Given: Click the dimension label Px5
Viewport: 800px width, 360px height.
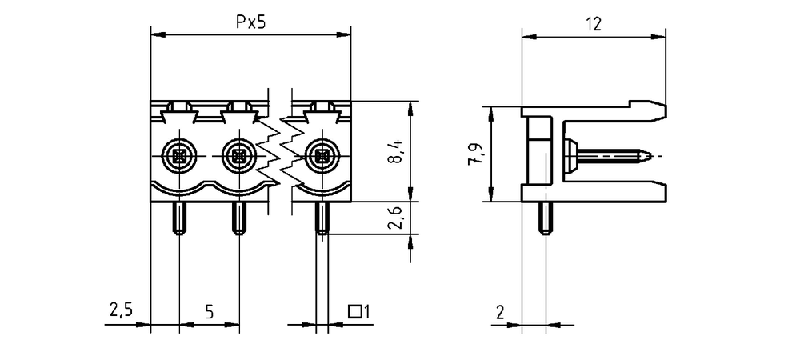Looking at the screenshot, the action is click(250, 22).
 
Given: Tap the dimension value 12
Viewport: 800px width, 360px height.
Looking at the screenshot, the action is click(594, 23).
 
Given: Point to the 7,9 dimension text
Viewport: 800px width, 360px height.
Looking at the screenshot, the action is click(475, 154).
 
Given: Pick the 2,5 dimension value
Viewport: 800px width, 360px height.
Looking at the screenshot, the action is click(121, 310).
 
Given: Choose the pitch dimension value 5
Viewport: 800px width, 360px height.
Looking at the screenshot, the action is click(209, 311).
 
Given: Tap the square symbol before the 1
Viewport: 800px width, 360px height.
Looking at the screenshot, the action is click(354, 311).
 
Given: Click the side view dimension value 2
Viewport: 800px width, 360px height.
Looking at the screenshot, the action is click(500, 311).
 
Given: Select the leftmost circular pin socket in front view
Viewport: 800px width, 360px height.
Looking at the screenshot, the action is click(179, 155).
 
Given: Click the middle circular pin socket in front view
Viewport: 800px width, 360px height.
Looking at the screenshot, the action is click(238, 155).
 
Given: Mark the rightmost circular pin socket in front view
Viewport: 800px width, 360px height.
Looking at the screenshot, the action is click(322, 155).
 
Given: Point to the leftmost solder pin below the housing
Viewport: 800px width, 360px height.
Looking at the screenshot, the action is click(179, 218).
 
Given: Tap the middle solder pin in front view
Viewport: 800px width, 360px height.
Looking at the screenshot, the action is click(238, 218).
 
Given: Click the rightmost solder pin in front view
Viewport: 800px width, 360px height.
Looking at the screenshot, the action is click(322, 218).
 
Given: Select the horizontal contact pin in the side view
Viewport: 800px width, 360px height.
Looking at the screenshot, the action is click(607, 154).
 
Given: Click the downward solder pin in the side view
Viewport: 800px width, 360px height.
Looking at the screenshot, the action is click(546, 218).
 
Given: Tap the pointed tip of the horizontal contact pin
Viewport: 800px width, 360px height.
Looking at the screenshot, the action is click(650, 154).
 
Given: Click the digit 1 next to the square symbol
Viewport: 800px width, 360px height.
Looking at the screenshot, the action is click(365, 311).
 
